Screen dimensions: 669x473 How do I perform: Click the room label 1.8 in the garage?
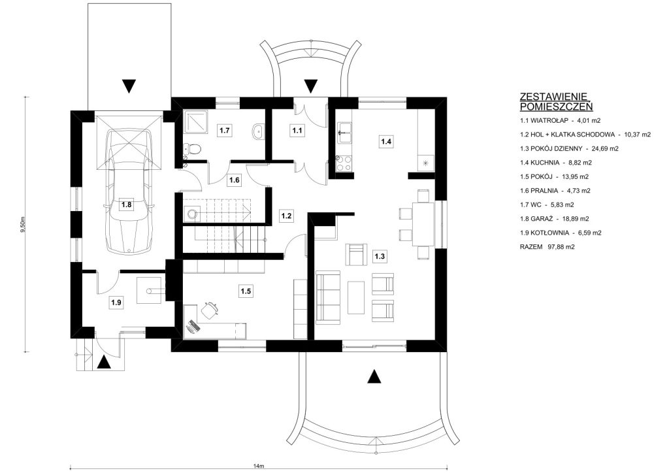(127, 204)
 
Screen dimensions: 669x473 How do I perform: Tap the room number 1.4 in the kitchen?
(386, 141)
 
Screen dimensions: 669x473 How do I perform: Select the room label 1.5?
(246, 292)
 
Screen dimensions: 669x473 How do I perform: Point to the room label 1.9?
(116, 303)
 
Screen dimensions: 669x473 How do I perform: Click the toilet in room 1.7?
(193, 149)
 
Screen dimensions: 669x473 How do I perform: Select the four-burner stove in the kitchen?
(344, 164)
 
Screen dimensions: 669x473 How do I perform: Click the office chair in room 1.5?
(208, 310)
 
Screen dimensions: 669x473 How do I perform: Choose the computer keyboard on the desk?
(193, 326)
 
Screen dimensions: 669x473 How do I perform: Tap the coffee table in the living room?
(356, 297)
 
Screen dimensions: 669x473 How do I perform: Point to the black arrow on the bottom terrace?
(374, 376)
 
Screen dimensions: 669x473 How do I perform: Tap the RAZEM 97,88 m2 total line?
(547, 246)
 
